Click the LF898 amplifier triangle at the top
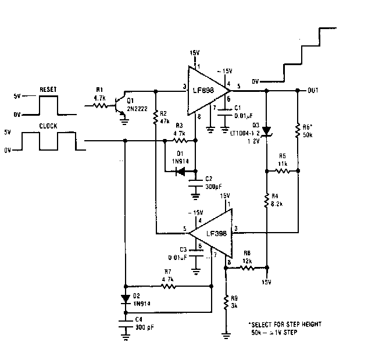[x=206, y=91]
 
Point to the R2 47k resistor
[x=156, y=119]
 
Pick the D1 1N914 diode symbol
[x=180, y=172]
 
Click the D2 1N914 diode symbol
[x=126, y=299]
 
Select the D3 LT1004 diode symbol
[x=266, y=131]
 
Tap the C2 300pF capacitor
[x=195, y=186]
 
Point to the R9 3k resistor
[x=226, y=301]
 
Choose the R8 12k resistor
[x=247, y=269]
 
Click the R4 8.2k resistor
[x=266, y=202]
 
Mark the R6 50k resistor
[x=297, y=130]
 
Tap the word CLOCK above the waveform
[x=49, y=126]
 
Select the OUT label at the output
[x=312, y=91]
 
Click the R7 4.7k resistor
[x=168, y=287]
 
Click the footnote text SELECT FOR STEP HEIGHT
[x=285, y=324]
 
